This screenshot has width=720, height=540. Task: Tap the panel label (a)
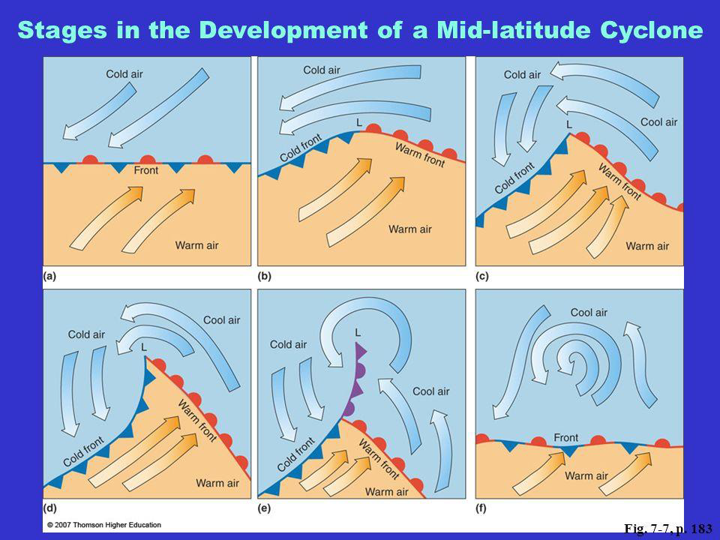point(49,277)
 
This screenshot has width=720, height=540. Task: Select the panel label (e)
point(264,508)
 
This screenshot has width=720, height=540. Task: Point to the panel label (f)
point(481,508)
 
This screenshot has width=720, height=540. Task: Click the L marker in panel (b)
point(359,122)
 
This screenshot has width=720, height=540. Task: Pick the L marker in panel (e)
point(358,332)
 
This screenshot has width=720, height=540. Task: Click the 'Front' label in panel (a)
point(146,170)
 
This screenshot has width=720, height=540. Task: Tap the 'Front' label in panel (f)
point(565,437)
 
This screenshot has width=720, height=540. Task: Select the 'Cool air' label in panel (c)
point(659,122)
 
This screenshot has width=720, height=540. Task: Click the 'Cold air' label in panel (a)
point(124,74)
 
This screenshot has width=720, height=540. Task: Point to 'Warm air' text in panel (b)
point(410,229)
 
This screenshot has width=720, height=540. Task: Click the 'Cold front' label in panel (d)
point(83,451)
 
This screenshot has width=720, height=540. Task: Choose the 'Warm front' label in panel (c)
point(619,181)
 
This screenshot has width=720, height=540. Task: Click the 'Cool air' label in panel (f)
point(589,313)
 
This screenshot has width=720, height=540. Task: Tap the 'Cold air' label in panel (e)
point(288,344)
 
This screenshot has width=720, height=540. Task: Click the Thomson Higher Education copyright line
point(104,525)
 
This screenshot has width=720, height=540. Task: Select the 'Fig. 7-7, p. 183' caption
point(668,529)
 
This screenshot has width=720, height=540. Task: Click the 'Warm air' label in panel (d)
point(217,483)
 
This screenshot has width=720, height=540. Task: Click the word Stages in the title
point(61,31)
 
